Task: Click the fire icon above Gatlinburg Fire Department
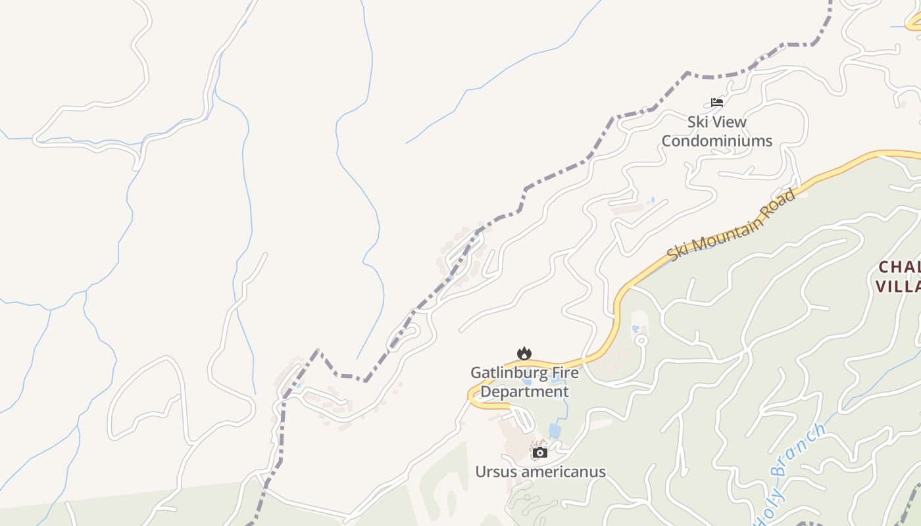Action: (524, 354)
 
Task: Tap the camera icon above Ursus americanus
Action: (540, 452)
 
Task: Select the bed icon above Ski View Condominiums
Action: (716, 103)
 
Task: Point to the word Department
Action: (524, 392)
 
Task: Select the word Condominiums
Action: (716, 141)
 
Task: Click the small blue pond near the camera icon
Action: (555, 431)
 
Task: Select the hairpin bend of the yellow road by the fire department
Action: (472, 396)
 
